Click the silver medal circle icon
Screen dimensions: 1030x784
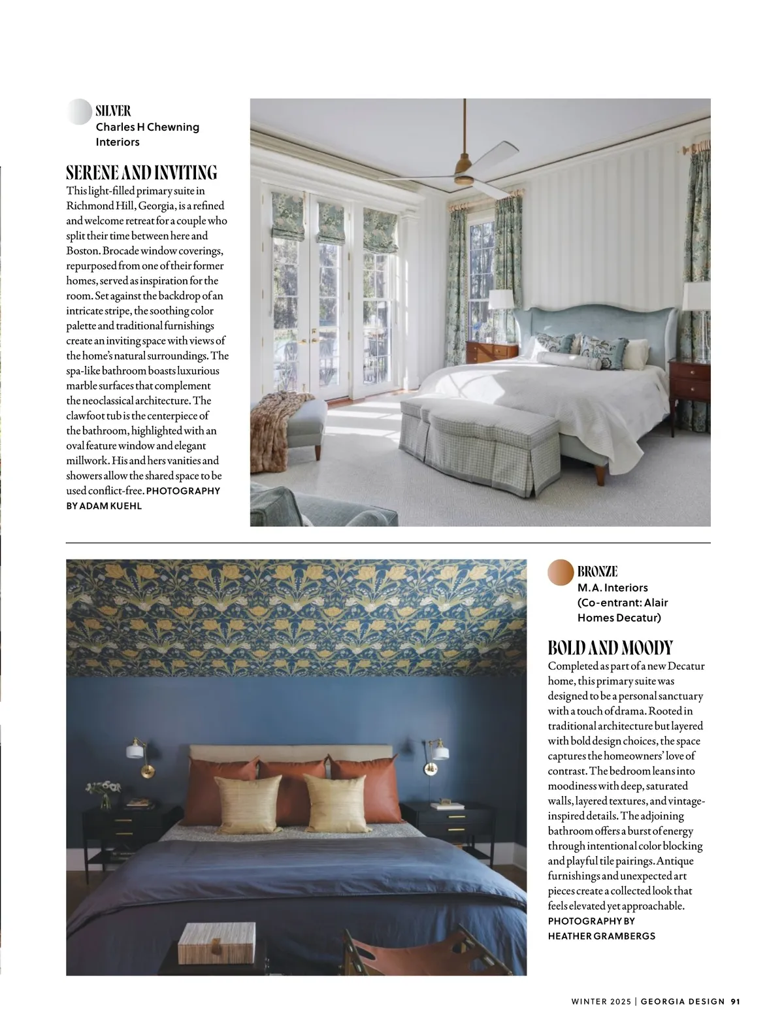click(x=79, y=112)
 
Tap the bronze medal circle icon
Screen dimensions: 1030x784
click(x=561, y=572)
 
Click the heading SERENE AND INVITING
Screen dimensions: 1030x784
click(x=141, y=173)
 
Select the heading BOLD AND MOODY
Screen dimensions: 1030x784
click(x=610, y=648)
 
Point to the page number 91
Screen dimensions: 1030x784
click(x=735, y=1001)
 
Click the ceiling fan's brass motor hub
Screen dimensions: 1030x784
click(x=465, y=176)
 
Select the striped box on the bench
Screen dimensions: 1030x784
click(x=203, y=943)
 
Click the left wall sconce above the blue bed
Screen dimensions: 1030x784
click(x=137, y=750)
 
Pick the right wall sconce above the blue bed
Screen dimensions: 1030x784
click(x=438, y=751)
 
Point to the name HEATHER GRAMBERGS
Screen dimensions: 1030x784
click(x=601, y=936)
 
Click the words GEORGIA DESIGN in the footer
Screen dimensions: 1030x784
click(x=683, y=1001)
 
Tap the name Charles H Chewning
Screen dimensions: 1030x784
click(x=147, y=127)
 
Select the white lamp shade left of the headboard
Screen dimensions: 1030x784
click(x=501, y=300)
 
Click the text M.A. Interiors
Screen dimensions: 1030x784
click(x=612, y=588)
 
